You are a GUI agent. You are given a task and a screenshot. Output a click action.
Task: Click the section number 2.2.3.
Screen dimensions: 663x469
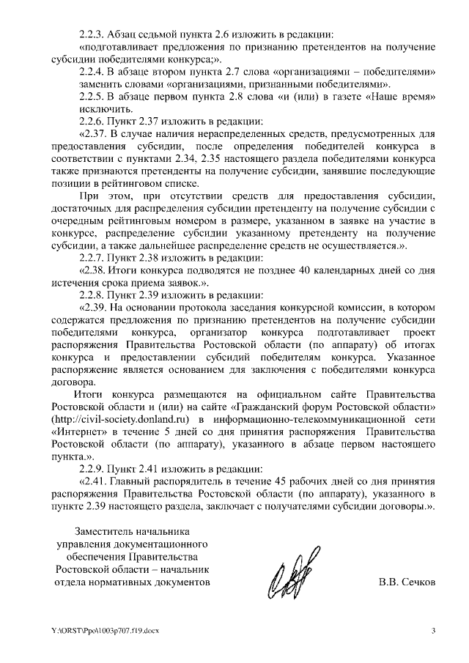point(92,34)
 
